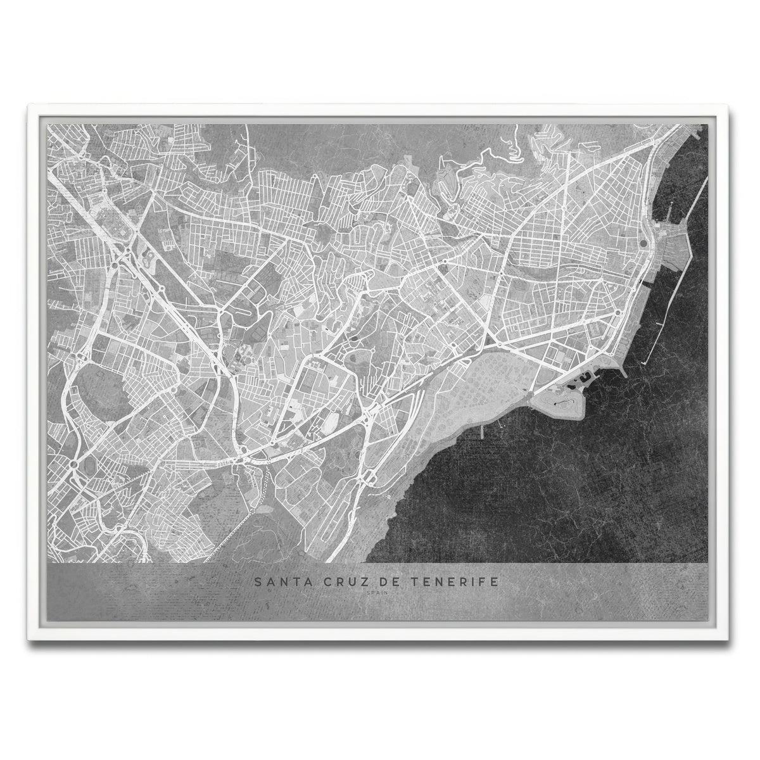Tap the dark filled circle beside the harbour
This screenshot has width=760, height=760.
[x=644, y=243]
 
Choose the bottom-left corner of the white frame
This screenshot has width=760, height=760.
[x=30, y=631]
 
